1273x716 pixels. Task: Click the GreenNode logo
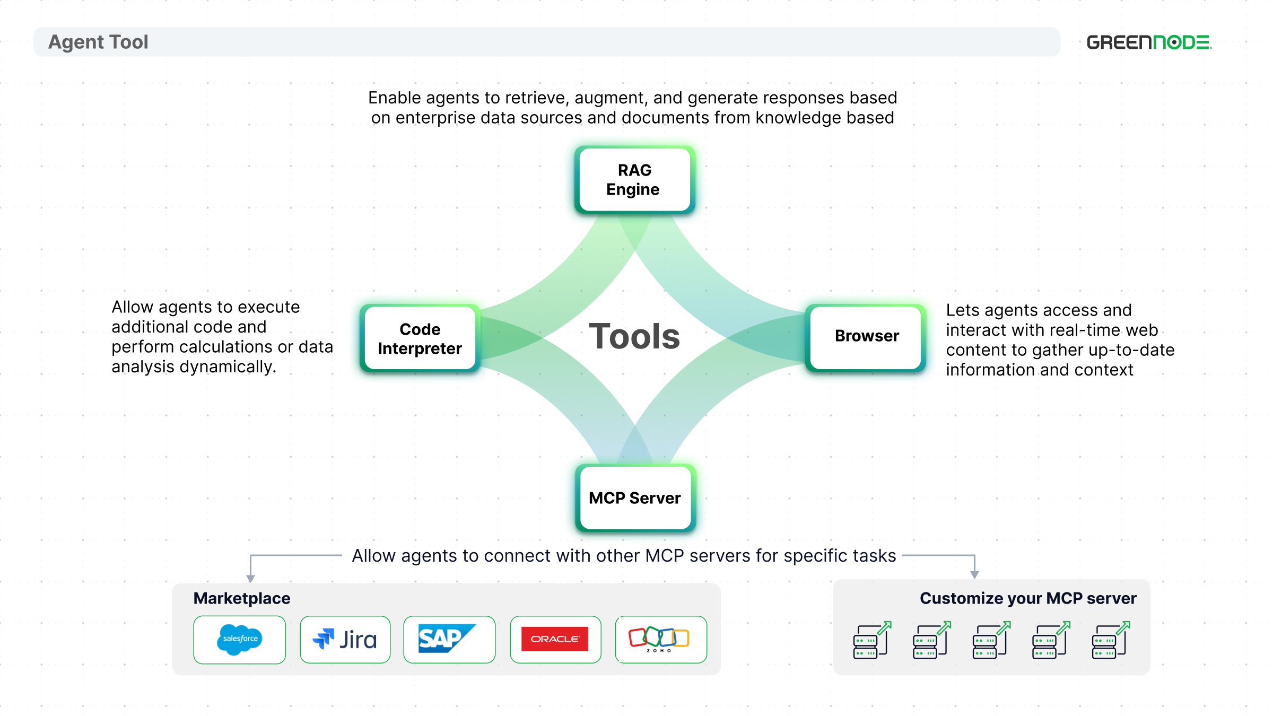[x=1149, y=42]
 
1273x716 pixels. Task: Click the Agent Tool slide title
[x=98, y=42]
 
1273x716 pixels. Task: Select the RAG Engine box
[x=635, y=180]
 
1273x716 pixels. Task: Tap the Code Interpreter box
[x=420, y=338]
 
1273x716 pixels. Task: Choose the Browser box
[x=866, y=337]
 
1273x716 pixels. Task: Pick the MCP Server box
[x=635, y=498]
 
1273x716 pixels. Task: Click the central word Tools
[x=634, y=336]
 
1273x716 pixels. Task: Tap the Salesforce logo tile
[x=240, y=640]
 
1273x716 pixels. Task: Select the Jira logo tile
[x=345, y=640]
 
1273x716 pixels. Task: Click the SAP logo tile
[x=449, y=640]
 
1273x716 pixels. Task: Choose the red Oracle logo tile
[x=555, y=640]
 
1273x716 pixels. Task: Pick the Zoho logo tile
[x=661, y=640]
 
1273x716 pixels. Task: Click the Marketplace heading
[x=242, y=598]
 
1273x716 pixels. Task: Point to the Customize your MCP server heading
[x=1028, y=598]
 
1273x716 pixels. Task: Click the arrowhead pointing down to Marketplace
[x=251, y=579]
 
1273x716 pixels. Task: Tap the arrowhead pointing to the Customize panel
[x=974, y=575]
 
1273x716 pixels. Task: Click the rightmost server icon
[x=1111, y=640]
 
